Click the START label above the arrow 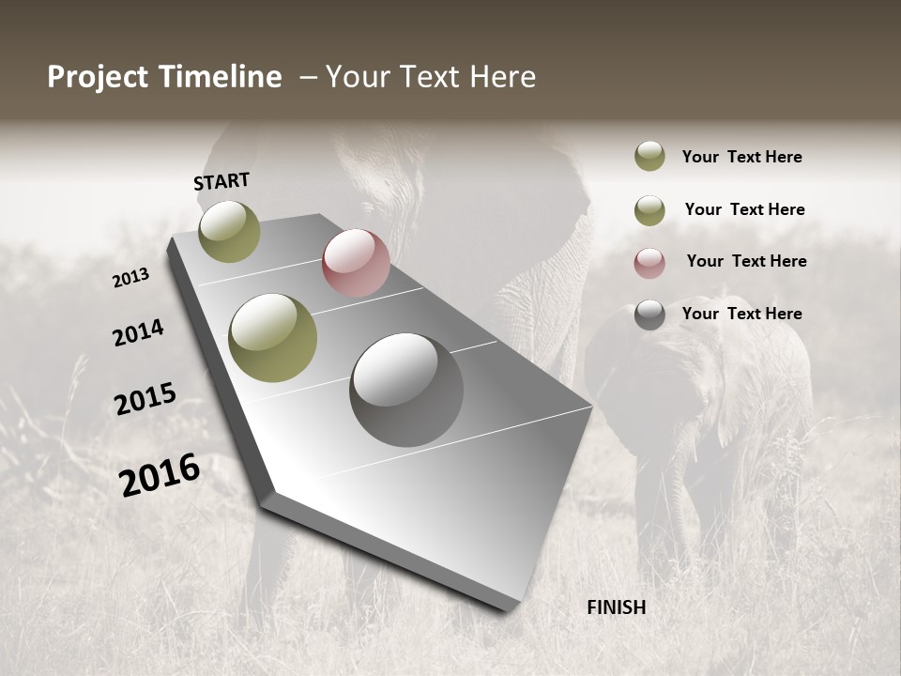221,181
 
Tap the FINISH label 616,607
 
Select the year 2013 130,278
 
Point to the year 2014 138,332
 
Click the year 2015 145,399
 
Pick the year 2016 159,474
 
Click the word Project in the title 99,77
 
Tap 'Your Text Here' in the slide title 431,77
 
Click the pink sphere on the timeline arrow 356,263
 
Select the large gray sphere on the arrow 406,390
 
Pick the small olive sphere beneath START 229,231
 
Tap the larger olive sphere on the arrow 273,338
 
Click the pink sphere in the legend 649,263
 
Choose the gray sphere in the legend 649,315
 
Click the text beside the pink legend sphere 746,261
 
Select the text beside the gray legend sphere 741,314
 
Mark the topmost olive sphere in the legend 649,156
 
